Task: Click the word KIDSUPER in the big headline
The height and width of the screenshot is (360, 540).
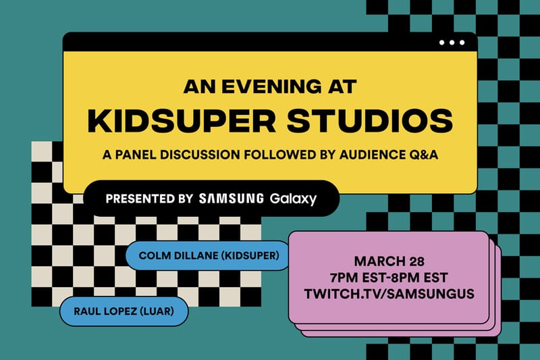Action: (x=173, y=121)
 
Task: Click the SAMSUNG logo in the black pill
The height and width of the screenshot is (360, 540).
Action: (x=232, y=199)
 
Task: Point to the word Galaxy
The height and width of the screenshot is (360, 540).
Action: (x=293, y=199)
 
